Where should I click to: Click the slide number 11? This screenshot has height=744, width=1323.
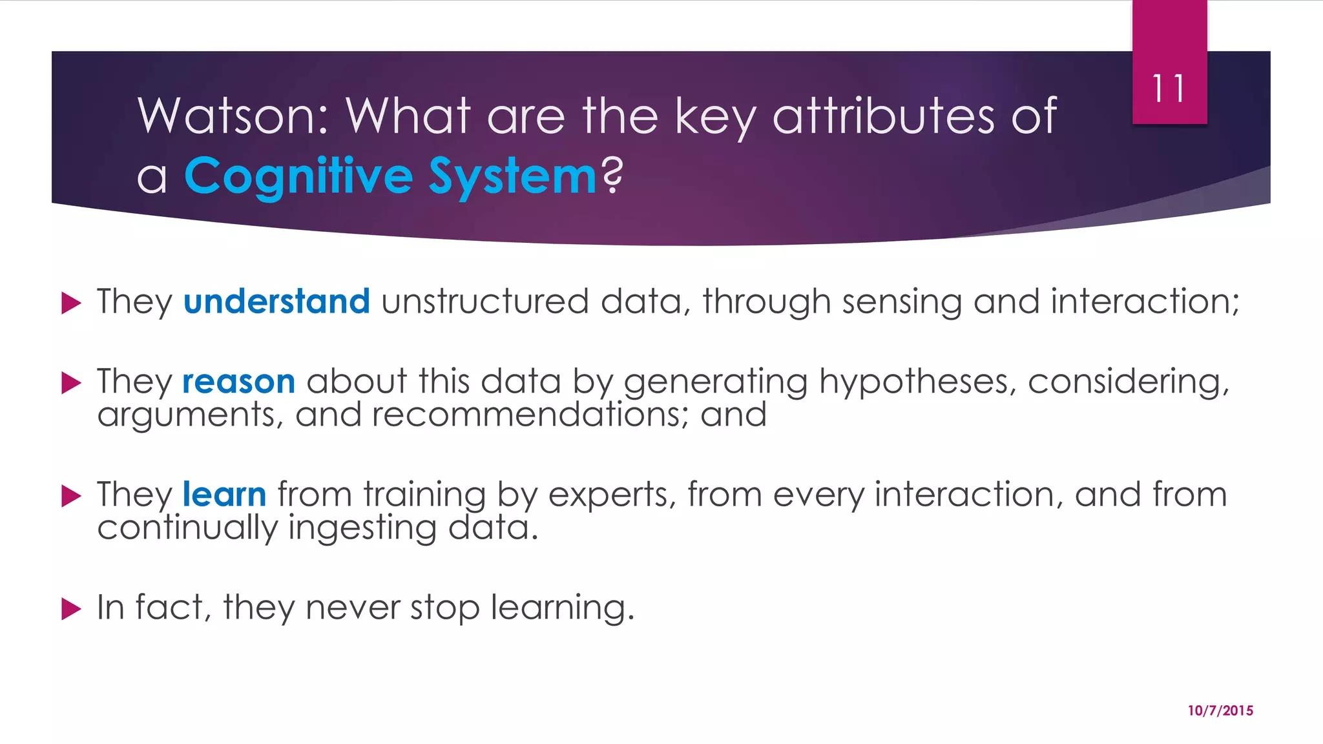(x=1169, y=88)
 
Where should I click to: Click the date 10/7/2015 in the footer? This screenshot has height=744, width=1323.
(x=1220, y=710)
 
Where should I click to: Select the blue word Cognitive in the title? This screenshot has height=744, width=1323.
(x=298, y=176)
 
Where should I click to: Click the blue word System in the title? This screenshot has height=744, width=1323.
(x=512, y=176)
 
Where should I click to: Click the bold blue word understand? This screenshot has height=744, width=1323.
(x=276, y=302)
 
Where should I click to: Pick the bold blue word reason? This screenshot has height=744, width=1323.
(x=238, y=381)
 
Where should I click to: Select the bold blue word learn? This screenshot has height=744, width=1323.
(x=224, y=495)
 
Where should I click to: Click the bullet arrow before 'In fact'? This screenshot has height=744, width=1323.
(x=71, y=608)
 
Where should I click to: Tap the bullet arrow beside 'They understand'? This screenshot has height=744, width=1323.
(x=71, y=302)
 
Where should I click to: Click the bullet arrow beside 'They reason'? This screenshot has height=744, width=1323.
(x=71, y=382)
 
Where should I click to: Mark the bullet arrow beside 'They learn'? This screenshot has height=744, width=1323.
(x=71, y=496)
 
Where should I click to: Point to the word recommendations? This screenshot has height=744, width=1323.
(x=525, y=415)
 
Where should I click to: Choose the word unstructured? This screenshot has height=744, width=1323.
(x=484, y=302)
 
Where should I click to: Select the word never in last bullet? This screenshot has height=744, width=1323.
(x=353, y=608)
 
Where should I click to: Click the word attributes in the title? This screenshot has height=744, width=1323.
(x=883, y=116)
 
